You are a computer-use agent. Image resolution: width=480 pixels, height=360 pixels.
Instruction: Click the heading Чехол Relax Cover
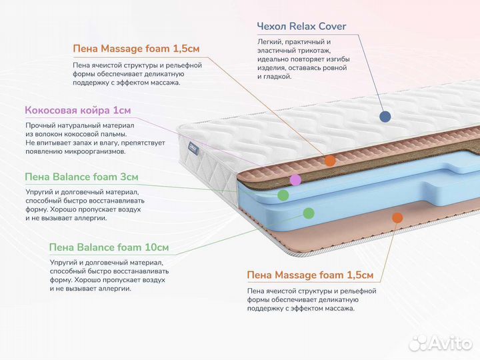[x=301, y=27]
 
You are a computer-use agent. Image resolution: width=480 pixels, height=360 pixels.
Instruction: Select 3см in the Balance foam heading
[x=126, y=177]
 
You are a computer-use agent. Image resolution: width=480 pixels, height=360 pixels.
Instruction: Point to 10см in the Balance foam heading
[x=157, y=247]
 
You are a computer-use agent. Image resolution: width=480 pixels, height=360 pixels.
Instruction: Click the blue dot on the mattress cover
[x=385, y=117]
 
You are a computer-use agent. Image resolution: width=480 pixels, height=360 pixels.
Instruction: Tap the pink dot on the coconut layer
[x=295, y=179]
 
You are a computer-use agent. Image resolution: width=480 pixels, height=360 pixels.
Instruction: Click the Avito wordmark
[x=449, y=343]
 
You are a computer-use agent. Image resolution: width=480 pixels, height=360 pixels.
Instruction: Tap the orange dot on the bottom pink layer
[x=397, y=217]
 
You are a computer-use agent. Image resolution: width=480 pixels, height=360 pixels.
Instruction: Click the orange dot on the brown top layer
[x=329, y=161]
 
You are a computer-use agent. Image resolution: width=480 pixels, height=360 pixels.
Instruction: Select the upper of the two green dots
[x=283, y=195]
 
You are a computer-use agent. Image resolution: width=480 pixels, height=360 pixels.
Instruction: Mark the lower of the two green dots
[x=308, y=213]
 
